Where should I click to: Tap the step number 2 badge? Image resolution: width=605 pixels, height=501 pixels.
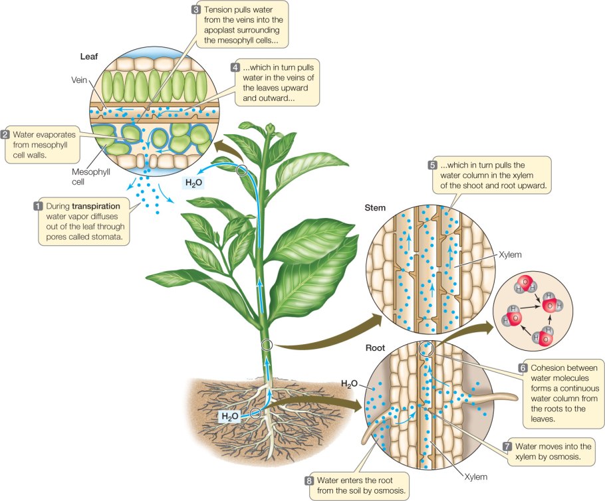pyautogui.click(x=6, y=134)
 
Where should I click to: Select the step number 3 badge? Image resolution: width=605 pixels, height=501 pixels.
pyautogui.click(x=195, y=10)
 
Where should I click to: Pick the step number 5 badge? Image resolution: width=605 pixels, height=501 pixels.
pyautogui.click(x=433, y=165)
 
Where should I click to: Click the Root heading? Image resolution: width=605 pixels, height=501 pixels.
pyautogui.click(x=375, y=348)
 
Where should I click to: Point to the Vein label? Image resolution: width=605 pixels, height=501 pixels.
pyautogui.click(x=80, y=79)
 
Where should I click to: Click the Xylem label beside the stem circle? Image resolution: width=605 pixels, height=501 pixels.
pyautogui.click(x=508, y=254)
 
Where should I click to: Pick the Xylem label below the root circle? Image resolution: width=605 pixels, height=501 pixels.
pyautogui.click(x=475, y=476)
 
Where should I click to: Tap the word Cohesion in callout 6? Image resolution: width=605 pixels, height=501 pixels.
pyautogui.click(x=552, y=368)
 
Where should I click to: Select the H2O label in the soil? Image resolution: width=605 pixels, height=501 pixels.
pyautogui.click(x=230, y=417)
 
